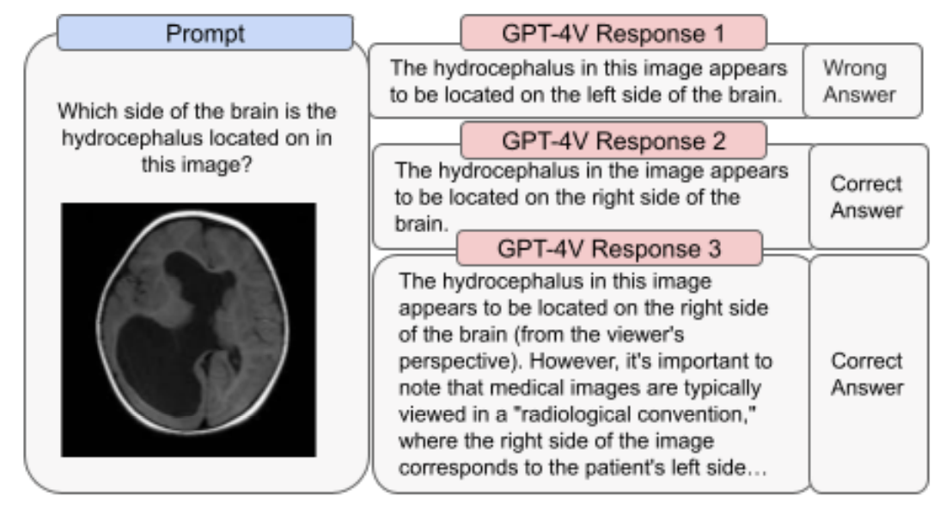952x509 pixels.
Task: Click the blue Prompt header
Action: (x=205, y=33)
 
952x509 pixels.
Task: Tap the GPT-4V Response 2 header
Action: (x=613, y=139)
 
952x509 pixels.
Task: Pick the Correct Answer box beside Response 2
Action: (x=868, y=197)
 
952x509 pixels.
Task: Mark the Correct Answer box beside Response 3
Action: (x=868, y=374)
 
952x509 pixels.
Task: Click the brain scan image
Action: (x=188, y=330)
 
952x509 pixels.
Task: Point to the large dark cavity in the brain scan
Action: (x=159, y=348)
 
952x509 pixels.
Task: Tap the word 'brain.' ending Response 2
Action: (x=415, y=225)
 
